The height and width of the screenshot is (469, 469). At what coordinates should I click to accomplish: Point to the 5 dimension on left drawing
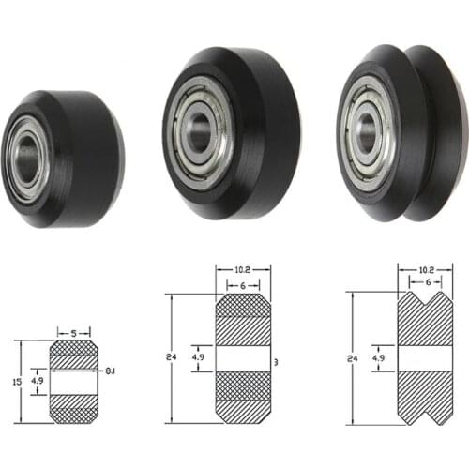[73, 332]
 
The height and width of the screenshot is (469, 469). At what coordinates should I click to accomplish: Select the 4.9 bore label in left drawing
[36, 382]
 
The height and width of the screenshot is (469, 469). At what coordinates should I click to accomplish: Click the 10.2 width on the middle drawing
[244, 271]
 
